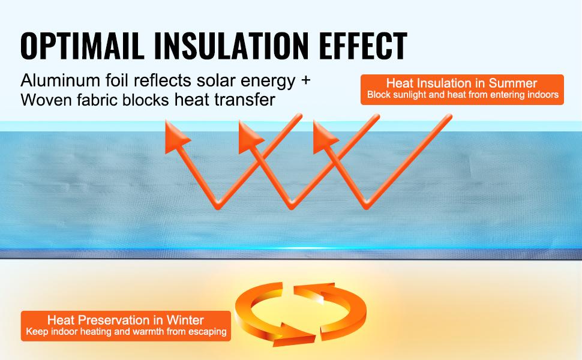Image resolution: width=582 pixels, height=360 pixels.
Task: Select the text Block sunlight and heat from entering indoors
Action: coord(463,95)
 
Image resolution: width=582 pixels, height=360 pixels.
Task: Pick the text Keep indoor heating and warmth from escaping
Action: coord(125,332)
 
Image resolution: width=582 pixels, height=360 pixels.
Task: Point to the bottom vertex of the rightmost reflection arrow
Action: coord(365,206)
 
